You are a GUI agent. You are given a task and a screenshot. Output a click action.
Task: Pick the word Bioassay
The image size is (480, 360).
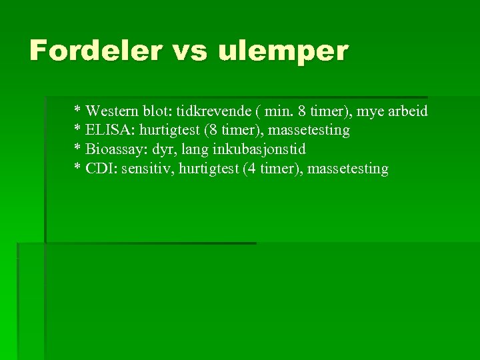coord(114,149)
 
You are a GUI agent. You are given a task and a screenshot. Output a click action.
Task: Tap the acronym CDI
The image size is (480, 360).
coord(99,169)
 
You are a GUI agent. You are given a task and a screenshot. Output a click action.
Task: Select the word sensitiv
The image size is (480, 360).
coord(145,169)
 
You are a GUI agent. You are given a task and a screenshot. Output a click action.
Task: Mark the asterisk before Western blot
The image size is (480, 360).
coord(77,109)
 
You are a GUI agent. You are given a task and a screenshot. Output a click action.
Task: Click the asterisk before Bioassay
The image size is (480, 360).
coord(77,148)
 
